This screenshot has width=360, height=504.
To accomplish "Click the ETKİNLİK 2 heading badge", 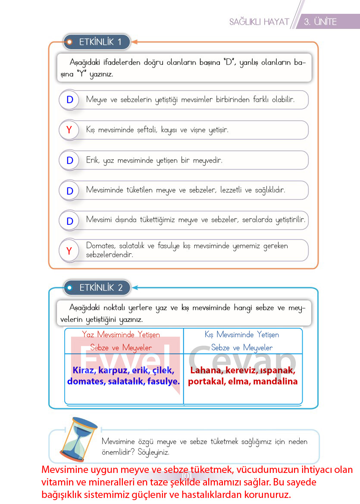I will coord(97,287).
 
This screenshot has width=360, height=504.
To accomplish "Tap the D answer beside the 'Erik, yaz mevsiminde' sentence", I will coord(70,161).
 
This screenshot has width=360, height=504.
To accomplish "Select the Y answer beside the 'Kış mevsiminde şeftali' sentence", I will coord(69,130).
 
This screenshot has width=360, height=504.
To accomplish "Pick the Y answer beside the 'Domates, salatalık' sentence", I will coord(69,251).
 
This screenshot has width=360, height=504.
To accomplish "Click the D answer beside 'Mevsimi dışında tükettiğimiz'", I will coord(70,221).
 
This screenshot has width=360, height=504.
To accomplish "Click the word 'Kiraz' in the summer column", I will coord(84,370).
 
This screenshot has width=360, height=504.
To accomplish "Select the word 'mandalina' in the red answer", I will coord(275,381).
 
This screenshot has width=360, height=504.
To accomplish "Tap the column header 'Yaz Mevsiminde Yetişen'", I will coord(121,334).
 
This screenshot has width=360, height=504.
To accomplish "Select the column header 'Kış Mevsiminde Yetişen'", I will coord(242,334).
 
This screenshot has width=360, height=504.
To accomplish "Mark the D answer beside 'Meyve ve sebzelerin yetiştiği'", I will coord(70,100).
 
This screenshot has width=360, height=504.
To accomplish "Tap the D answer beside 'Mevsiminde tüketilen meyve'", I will coord(70,191).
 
